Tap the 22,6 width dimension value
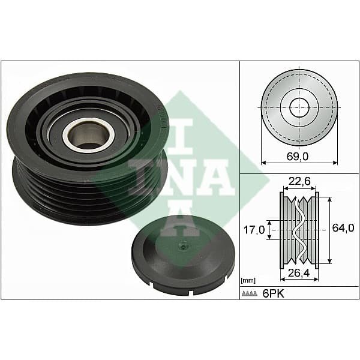[x=299, y=181]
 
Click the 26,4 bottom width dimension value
[x=298, y=273]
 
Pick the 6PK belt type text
[x=272, y=294]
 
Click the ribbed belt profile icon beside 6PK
[x=249, y=294]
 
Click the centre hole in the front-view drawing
[x=298, y=107]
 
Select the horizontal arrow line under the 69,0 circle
[x=299, y=163]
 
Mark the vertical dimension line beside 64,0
[x=329, y=228]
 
